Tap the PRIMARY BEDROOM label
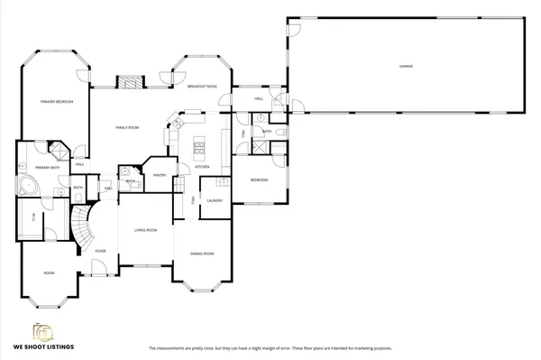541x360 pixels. (57, 102)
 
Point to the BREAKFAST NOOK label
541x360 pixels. (202, 86)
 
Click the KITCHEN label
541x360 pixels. (203, 167)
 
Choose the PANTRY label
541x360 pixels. (160, 175)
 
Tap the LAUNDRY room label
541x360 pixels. (215, 200)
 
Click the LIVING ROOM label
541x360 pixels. (146, 230)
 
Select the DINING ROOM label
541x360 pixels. (202, 254)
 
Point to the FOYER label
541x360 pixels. (100, 251)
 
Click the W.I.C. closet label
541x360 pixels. (34, 215)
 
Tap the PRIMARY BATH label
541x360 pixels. (47, 168)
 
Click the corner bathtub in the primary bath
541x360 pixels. (27, 187)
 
